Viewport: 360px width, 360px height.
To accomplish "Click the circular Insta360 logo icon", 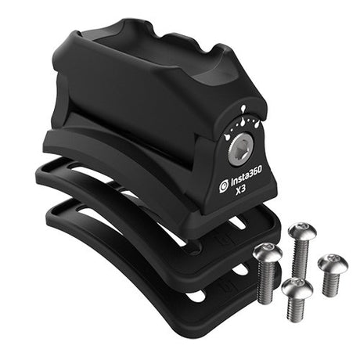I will (x=224, y=188).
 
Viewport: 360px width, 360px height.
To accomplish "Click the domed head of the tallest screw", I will (x=301, y=232).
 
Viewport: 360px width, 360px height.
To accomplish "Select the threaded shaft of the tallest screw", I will (x=300, y=258).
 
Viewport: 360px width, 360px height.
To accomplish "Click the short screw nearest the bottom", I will (x=297, y=290).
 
